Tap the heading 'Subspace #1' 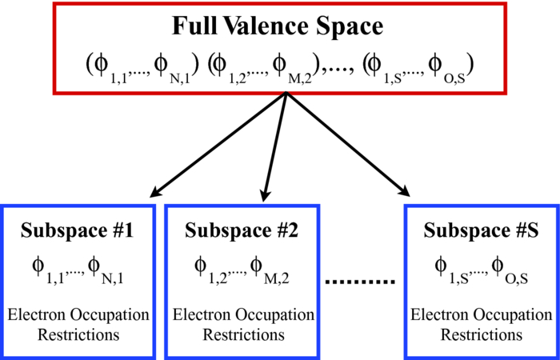pos(78,231)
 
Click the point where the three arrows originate pos(286,94)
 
